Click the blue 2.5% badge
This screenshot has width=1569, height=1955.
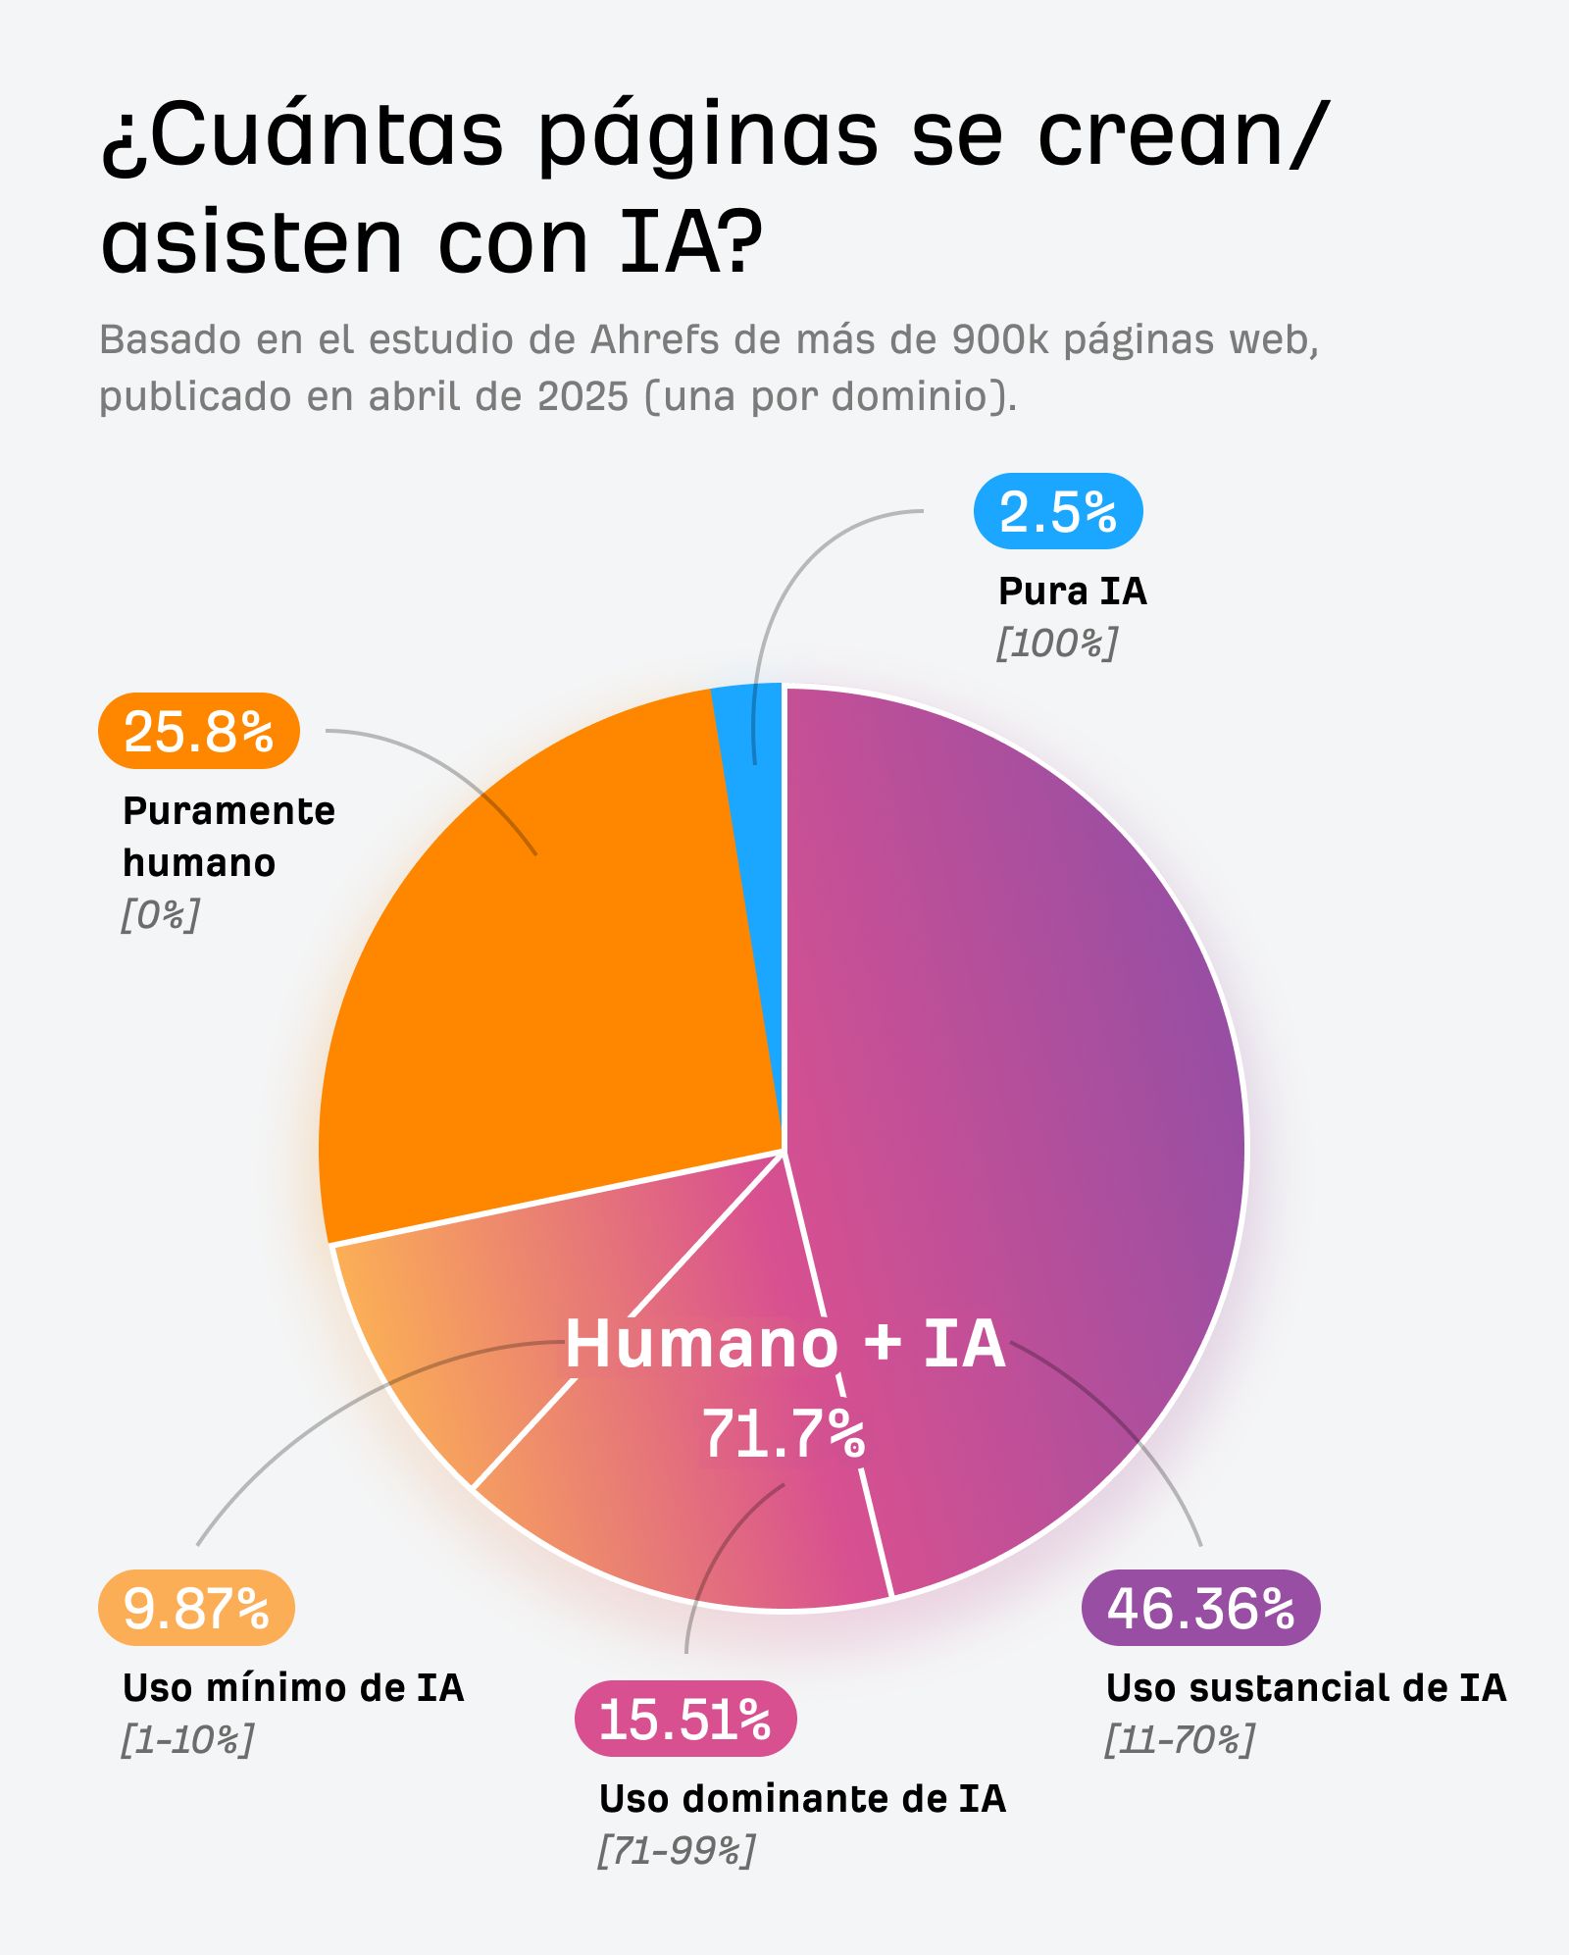[1058, 511]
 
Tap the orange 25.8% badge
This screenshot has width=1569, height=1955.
[198, 731]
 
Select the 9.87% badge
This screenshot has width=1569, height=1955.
[196, 1608]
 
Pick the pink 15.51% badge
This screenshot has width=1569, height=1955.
[684, 1719]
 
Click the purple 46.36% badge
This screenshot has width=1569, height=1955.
[1200, 1608]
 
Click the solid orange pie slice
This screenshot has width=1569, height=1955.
[549, 1001]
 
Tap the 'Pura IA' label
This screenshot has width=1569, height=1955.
[1072, 592]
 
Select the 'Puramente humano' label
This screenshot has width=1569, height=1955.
[228, 837]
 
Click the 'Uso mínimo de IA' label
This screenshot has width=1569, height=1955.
[292, 1688]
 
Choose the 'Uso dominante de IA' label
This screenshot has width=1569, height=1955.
[802, 1799]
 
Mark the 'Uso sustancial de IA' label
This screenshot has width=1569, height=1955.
[1305, 1688]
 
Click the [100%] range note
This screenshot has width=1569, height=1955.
[1057, 643]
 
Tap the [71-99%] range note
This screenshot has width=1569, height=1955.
[677, 1851]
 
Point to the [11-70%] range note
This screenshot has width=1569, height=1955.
[1180, 1740]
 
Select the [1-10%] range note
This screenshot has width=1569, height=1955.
[187, 1740]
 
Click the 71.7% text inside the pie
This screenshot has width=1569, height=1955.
[784, 1434]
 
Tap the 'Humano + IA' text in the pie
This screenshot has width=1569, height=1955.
[784, 1343]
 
